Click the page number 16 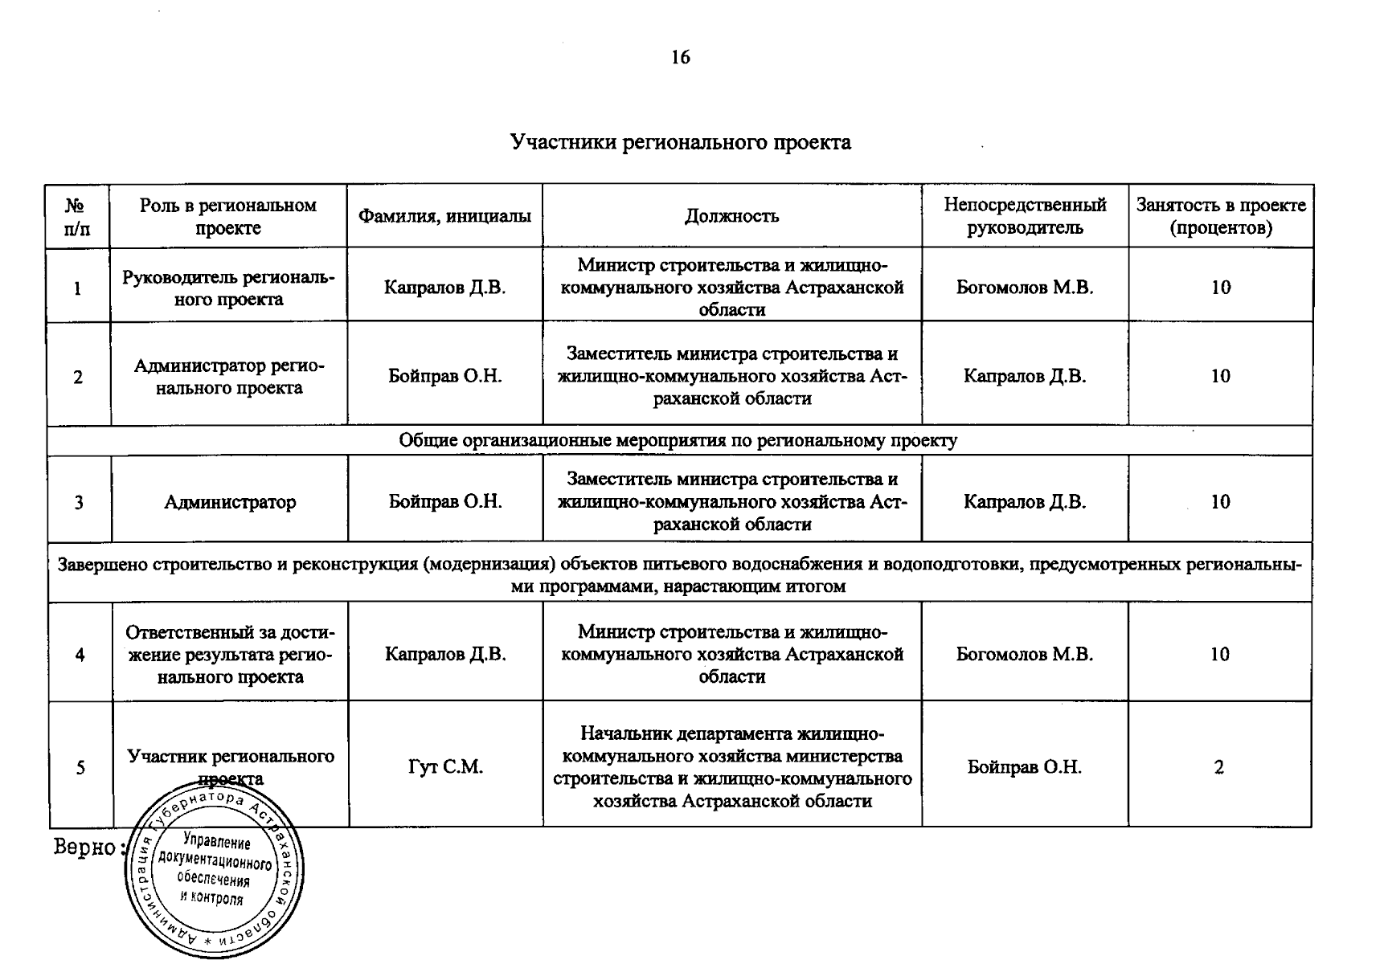[680, 57]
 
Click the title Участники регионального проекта [680, 143]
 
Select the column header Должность [731, 216]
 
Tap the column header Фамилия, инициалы [444, 216]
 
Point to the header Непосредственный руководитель [1025, 216]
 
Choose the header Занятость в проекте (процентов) [1220, 216]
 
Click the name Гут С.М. [445, 767]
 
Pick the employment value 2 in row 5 [1219, 767]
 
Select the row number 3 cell [79, 503]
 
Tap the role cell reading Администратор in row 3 [230, 503]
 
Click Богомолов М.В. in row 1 [1025, 288]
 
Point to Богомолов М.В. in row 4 [1025, 654]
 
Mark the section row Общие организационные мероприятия [678, 440]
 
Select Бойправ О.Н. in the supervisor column [1025, 767]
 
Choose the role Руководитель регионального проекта [229, 288]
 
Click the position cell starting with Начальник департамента [731, 767]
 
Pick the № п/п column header [77, 216]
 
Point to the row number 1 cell [78, 288]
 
